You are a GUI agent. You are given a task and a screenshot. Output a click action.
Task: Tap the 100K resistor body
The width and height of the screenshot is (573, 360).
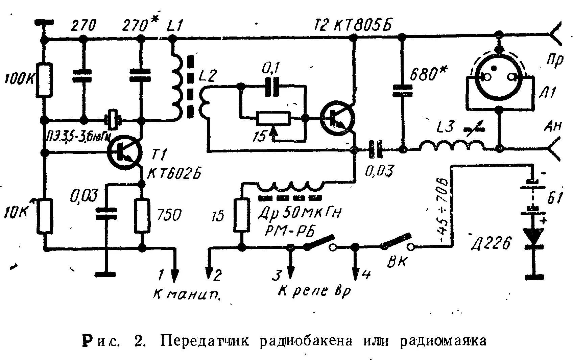pos(44,80)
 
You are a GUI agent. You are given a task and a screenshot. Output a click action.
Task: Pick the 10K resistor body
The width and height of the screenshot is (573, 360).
pos(44,217)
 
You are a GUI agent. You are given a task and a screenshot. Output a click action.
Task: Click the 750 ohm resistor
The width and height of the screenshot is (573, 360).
pos(142,215)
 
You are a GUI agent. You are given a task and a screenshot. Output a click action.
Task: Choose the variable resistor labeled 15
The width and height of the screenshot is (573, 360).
pos(273,118)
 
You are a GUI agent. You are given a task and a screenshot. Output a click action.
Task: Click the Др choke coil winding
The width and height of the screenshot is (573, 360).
pos(291,186)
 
